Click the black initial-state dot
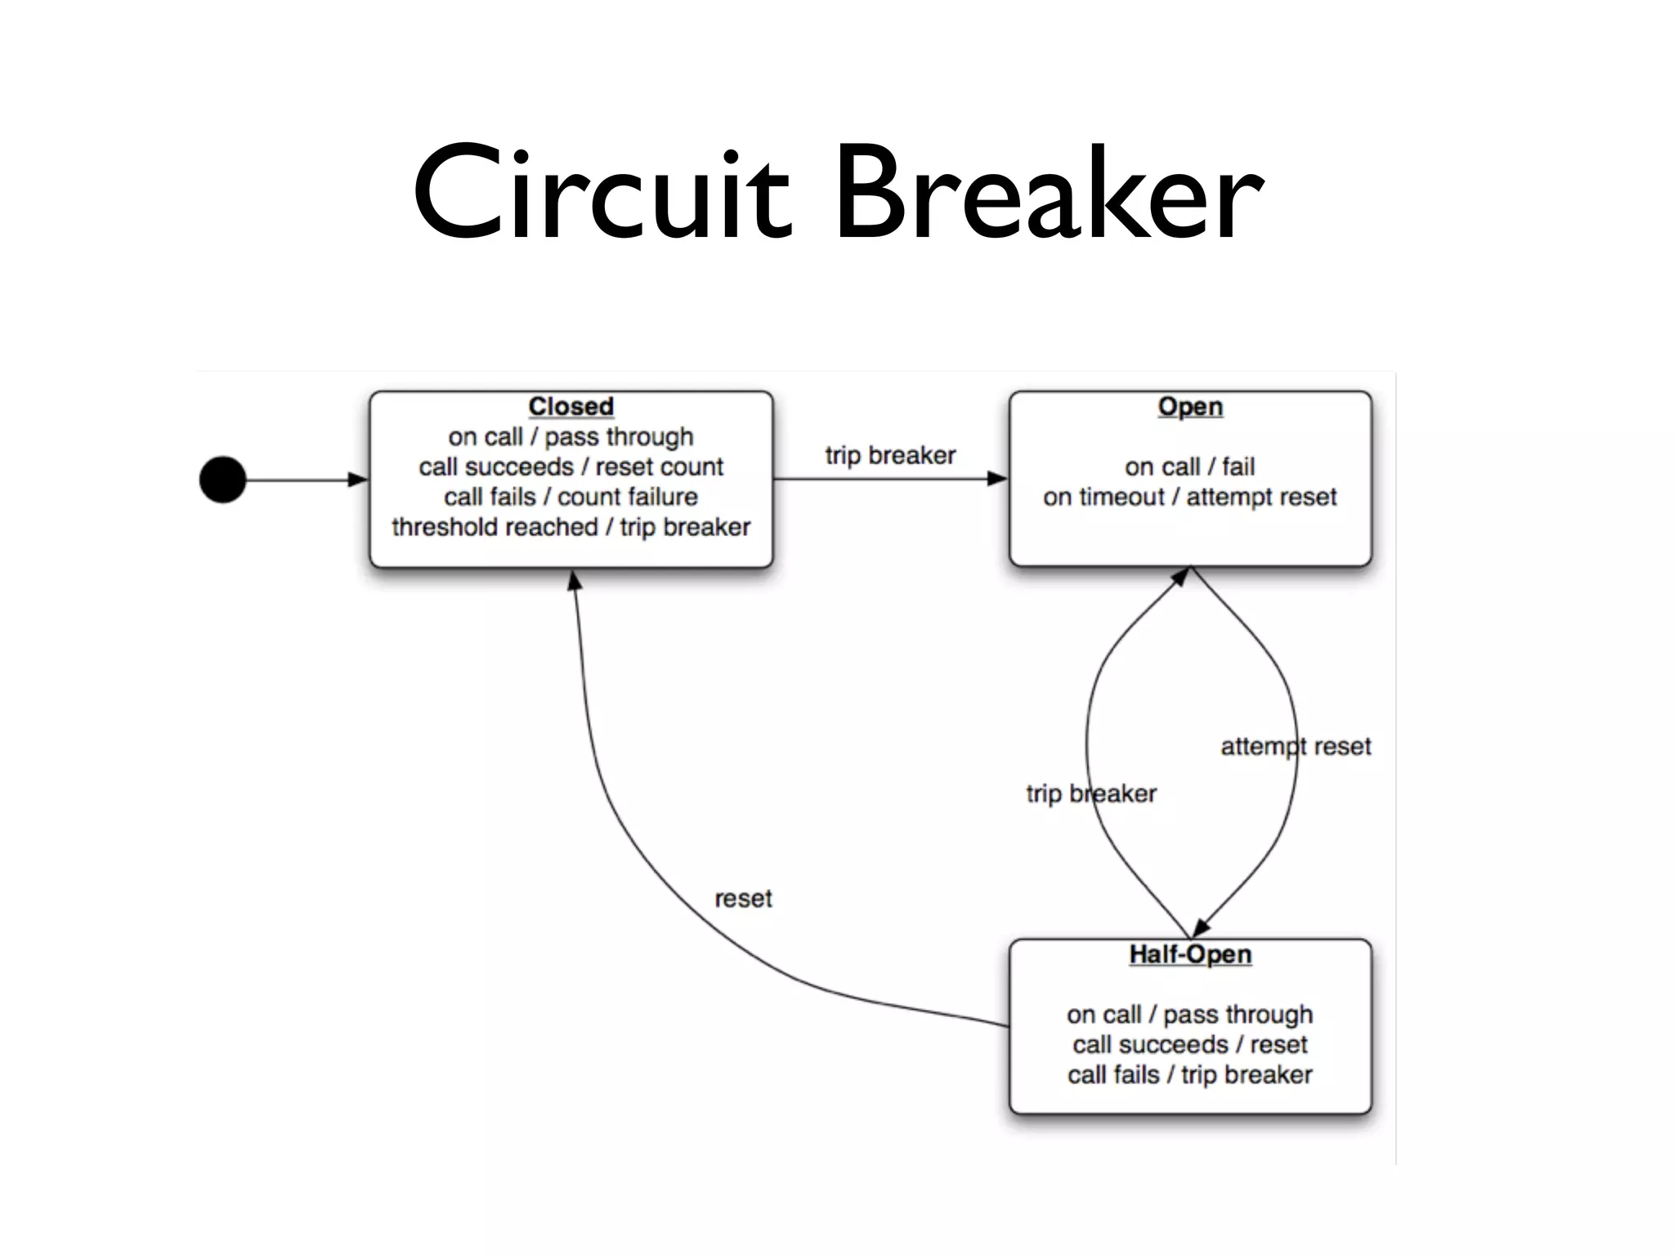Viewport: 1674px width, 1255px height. pos(222,480)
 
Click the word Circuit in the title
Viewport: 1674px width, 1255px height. pos(602,195)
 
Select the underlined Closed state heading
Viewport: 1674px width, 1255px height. pos(571,406)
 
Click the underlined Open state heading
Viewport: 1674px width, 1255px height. pos(1190,406)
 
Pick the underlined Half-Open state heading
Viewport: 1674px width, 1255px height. pos(1190,954)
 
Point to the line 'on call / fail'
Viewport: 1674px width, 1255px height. pos(1189,467)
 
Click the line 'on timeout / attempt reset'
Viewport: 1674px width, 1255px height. pos(1189,497)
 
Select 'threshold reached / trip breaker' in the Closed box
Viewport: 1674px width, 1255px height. pos(571,527)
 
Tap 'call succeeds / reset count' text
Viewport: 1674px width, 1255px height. pos(571,467)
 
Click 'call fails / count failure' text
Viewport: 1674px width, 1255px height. pos(571,497)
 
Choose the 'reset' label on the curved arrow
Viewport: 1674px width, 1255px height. pos(743,899)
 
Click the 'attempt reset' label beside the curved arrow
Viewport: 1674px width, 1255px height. pos(1296,747)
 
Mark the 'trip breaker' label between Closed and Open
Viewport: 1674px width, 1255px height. pos(890,455)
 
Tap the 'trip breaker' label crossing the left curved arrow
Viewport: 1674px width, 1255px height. pos(1091,793)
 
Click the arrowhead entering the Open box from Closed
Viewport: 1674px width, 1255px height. pos(998,479)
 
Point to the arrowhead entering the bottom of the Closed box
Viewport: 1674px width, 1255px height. pos(575,580)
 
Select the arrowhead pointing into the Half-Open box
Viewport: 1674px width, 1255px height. pos(1201,928)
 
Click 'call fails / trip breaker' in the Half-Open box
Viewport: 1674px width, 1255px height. pos(1189,1074)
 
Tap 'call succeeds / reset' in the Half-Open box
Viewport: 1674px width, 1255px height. pos(1189,1044)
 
